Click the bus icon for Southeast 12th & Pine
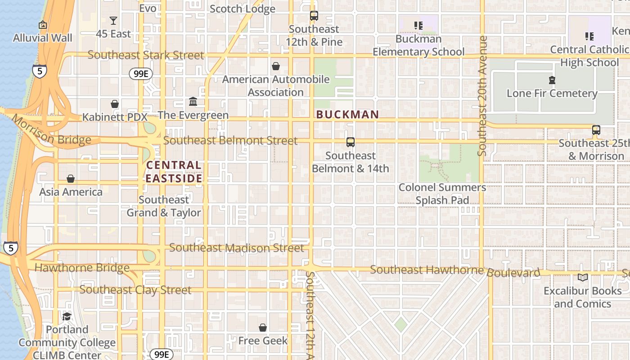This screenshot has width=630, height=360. (x=314, y=16)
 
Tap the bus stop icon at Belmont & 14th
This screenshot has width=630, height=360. (x=351, y=142)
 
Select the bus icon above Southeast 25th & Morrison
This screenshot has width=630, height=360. (x=596, y=130)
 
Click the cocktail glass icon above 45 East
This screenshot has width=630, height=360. (x=113, y=21)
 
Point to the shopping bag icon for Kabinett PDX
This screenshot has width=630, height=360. (x=115, y=104)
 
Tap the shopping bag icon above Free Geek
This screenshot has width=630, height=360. (x=263, y=328)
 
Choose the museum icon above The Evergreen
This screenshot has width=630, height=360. (x=193, y=102)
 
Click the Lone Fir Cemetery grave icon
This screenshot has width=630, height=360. (x=552, y=81)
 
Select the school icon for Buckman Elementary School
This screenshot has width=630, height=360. (x=418, y=26)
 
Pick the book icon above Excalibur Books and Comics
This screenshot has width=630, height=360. (x=583, y=277)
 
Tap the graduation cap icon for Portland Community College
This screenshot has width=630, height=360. (x=67, y=317)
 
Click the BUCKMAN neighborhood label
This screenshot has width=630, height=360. (x=347, y=115)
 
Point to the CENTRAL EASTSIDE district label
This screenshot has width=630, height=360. (x=174, y=171)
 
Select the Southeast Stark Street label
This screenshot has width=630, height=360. (x=146, y=55)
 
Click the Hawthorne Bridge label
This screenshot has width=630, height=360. (x=82, y=268)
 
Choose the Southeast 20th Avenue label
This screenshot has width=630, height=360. (x=483, y=96)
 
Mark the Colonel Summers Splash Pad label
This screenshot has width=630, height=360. (x=442, y=193)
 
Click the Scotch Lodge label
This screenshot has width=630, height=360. (x=243, y=9)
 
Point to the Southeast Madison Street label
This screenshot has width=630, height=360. (x=237, y=248)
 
